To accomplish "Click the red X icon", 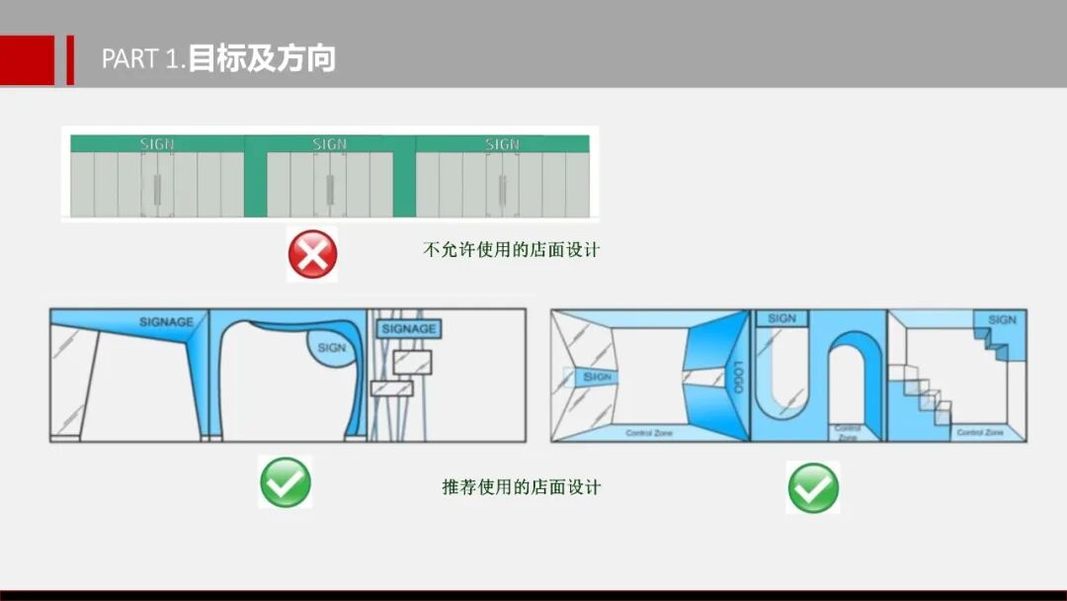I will [312, 254].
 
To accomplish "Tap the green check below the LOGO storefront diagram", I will [813, 487].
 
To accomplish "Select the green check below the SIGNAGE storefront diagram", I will [286, 482].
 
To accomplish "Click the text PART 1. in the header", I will [143, 59].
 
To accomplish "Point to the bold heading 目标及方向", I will [262, 58].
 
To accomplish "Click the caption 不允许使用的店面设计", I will [511, 249].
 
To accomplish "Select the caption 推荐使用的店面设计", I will [521, 486].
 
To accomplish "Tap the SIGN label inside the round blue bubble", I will [332, 348].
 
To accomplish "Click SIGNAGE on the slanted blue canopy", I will [167, 321].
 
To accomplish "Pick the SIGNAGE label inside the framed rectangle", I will [409, 328].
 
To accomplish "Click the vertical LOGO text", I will [736, 377].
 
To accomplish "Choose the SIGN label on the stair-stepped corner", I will [1002, 319].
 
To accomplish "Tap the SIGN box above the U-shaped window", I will [781, 318].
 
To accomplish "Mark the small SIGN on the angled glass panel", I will [597, 377].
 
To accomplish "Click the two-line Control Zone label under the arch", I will [847, 432].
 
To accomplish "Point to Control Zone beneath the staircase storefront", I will [981, 433].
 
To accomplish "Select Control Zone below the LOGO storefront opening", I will [649, 433].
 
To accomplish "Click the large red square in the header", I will [27, 60].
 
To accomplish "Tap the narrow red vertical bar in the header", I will [70, 60].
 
